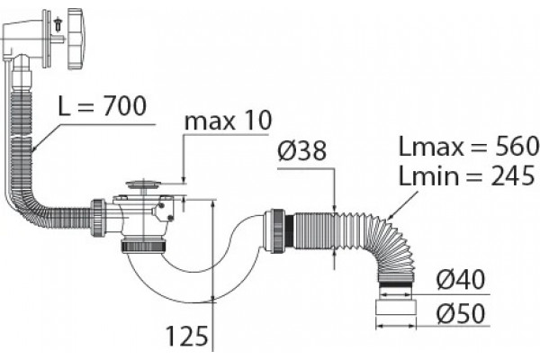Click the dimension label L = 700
[x=103, y=106]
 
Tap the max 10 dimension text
[x=228, y=121]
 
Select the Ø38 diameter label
[x=302, y=151]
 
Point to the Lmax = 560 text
[x=469, y=146]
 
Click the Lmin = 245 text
[x=466, y=175]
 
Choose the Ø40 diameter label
[x=461, y=279]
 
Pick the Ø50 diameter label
[x=461, y=313]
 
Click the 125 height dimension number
[x=187, y=336]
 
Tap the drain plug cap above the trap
[x=143, y=184]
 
